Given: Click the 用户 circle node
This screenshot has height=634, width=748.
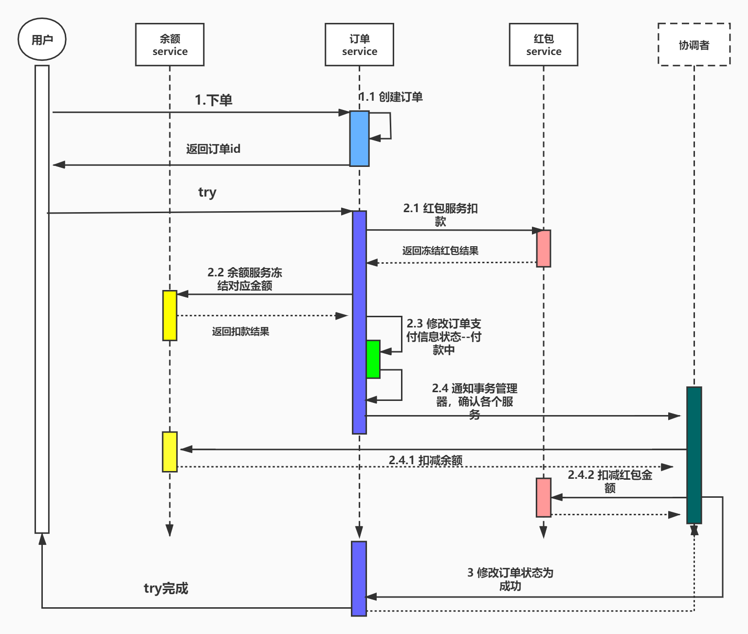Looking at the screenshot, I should coord(42,39).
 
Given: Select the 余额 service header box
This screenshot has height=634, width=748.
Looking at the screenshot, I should coord(169,44).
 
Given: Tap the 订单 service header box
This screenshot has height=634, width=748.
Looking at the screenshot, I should coord(359,44).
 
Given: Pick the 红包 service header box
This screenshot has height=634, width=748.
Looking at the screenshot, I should coord(543,44).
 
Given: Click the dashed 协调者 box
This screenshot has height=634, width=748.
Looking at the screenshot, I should coord(694,44).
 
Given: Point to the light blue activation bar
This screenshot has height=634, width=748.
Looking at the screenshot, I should coord(359,139).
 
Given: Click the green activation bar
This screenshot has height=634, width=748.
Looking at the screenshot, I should coord(373,359).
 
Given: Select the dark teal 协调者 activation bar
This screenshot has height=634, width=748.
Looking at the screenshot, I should coord(694,455).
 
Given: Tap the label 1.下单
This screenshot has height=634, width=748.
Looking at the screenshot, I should coord(213,100).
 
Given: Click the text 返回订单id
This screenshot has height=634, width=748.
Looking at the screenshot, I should coord(213,149).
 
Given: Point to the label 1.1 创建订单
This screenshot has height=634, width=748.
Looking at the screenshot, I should coord(391,97).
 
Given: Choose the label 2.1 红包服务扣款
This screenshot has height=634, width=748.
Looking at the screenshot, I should coord(440,215).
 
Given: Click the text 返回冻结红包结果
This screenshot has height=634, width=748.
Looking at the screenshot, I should coord(440,251).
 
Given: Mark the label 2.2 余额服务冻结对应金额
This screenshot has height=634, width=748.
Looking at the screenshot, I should coord(245,279).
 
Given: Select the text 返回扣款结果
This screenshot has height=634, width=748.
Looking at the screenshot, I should coord(240,331).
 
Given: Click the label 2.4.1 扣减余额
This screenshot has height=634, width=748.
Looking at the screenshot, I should coord(425,460).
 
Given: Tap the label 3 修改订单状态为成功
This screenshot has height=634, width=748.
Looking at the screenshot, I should coord(510,579).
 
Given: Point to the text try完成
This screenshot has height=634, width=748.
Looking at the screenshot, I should coord(165,588).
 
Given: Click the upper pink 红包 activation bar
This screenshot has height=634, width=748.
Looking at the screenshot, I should coord(544,249).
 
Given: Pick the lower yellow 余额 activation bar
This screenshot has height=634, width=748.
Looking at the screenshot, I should coord(169,452).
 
